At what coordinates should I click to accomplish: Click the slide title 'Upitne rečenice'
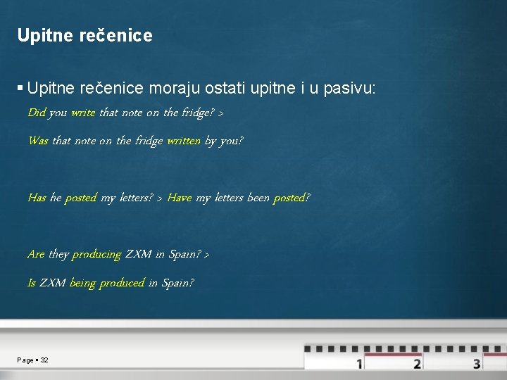pyautogui.click(x=84, y=35)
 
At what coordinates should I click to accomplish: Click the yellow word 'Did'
pyautogui.click(x=37, y=113)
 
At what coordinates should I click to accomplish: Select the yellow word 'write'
pyautogui.click(x=83, y=113)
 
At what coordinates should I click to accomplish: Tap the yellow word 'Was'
pyautogui.click(x=38, y=141)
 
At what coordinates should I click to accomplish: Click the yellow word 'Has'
pyautogui.click(x=37, y=198)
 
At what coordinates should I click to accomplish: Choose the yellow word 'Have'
pyautogui.click(x=179, y=198)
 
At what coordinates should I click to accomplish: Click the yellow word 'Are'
pyautogui.click(x=36, y=254)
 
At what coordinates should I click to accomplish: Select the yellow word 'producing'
pyautogui.click(x=96, y=255)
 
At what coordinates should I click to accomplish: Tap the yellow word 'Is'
pyautogui.click(x=32, y=283)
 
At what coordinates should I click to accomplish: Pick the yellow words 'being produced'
pyautogui.click(x=107, y=283)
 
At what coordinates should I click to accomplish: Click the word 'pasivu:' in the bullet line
pyautogui.click(x=350, y=89)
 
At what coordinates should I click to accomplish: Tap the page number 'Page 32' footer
pyautogui.click(x=33, y=360)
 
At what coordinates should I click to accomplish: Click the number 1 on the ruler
pyautogui.click(x=360, y=364)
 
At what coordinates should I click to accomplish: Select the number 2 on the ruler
pyautogui.click(x=418, y=364)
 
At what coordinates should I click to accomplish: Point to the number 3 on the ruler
pyautogui.click(x=477, y=364)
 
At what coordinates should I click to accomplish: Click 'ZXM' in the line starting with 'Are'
pyautogui.click(x=138, y=254)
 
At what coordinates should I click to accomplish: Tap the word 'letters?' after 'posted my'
pyautogui.click(x=134, y=198)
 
